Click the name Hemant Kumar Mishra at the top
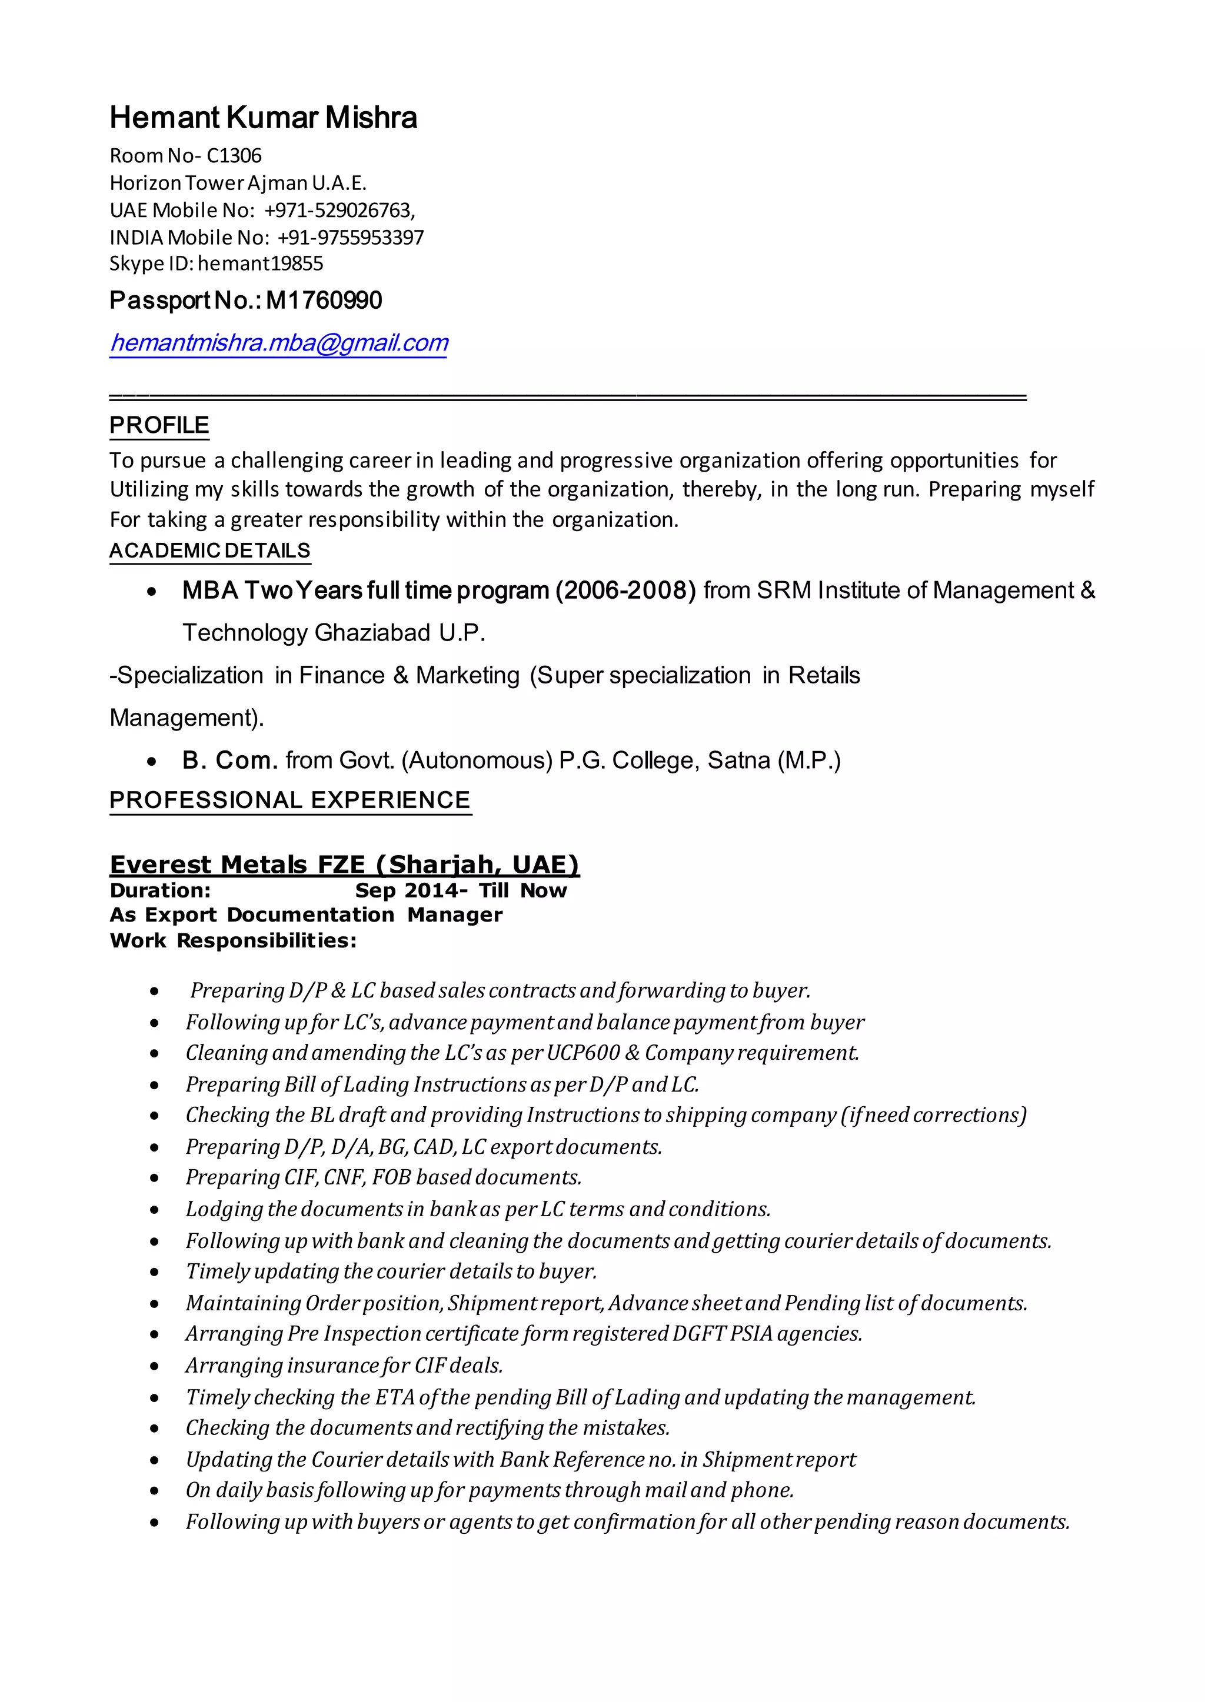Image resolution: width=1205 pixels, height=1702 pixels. [264, 118]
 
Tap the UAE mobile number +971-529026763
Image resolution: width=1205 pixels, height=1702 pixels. [338, 211]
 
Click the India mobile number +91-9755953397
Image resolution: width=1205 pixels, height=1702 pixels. [350, 238]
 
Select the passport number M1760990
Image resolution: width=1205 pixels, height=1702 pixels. [324, 301]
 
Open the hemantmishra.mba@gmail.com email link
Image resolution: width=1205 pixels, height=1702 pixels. [279, 343]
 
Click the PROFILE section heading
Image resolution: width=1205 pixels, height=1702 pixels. [159, 425]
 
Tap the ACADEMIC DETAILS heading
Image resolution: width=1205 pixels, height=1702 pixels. [210, 550]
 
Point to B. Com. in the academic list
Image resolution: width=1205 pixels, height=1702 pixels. [230, 760]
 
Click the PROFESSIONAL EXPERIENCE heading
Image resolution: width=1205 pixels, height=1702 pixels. [290, 800]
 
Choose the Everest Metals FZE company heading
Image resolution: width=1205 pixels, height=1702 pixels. [344, 864]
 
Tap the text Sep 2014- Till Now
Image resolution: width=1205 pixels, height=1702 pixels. [461, 890]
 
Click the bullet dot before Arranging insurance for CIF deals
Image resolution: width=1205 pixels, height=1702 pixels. [154, 1366]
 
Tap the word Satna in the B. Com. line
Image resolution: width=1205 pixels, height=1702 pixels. [738, 760]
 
